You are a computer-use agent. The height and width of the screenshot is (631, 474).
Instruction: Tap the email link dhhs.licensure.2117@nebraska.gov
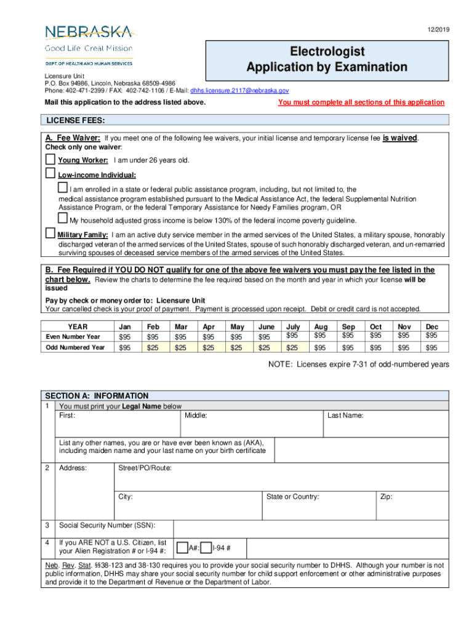click(x=239, y=90)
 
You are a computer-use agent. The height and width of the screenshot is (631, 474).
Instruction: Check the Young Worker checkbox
click(x=50, y=160)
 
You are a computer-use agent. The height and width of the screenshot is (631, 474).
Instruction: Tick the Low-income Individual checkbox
click(x=50, y=173)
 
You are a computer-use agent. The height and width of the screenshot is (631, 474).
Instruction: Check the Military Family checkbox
click(x=50, y=234)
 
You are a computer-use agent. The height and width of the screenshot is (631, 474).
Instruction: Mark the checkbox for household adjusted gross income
click(x=62, y=218)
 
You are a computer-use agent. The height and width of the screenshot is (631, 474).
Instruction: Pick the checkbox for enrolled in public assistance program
click(x=62, y=187)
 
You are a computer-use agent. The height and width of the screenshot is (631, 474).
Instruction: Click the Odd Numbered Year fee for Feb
click(x=151, y=348)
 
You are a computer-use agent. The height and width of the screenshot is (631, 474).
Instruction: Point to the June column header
click(x=267, y=327)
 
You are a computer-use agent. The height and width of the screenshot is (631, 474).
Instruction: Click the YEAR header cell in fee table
click(x=78, y=327)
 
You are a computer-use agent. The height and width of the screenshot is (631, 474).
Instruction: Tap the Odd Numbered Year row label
click(x=75, y=348)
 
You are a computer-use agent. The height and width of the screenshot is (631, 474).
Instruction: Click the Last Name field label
click(x=345, y=416)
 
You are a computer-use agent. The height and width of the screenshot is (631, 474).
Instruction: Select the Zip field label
click(x=386, y=497)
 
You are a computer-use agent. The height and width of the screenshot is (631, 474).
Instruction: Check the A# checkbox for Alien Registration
click(x=182, y=547)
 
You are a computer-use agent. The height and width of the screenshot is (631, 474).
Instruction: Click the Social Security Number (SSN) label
click(x=106, y=526)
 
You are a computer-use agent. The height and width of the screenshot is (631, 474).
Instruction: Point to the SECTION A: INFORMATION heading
click(x=97, y=396)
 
